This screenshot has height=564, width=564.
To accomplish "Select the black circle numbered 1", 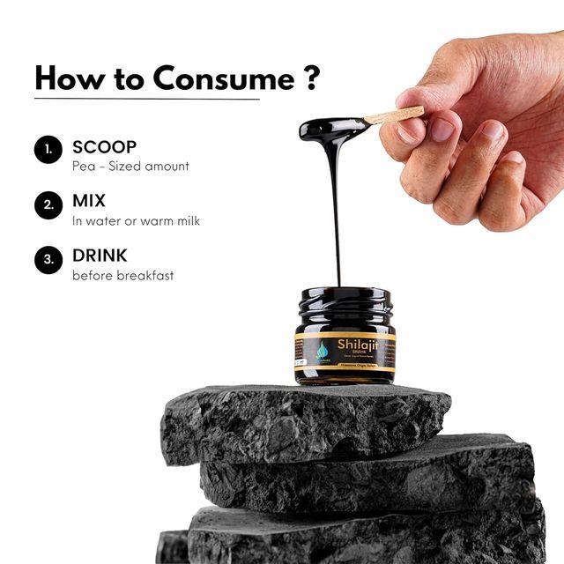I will [48, 150].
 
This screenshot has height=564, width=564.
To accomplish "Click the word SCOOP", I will [104, 146].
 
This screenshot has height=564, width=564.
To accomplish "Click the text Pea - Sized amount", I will [130, 166].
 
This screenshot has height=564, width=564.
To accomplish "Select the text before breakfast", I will [122, 275].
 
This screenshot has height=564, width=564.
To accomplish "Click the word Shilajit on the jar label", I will [357, 345].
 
